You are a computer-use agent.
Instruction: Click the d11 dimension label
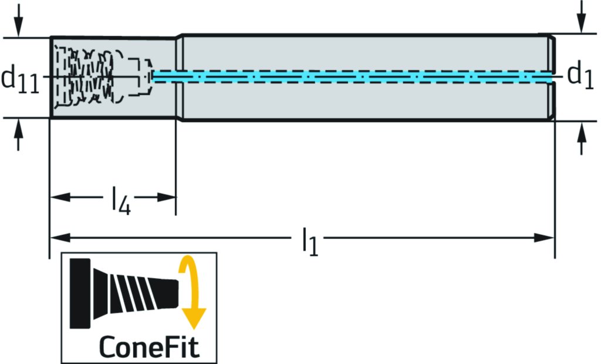pyautogui.click(x=20, y=79)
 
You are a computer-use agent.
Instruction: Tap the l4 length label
pyautogui.click(x=121, y=201)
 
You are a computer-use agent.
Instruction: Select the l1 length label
pyautogui.click(x=309, y=241)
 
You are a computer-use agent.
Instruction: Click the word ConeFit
pyautogui.click(x=149, y=346)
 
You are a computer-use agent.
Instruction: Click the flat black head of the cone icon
pyautogui.click(x=80, y=292)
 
